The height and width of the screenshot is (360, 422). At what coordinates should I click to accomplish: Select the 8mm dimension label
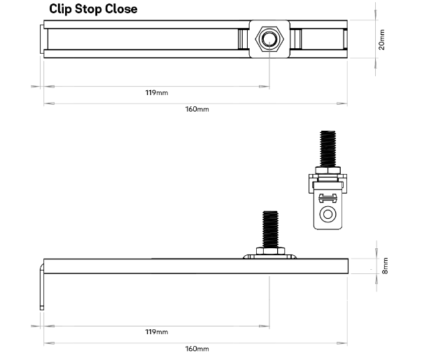click(x=384, y=266)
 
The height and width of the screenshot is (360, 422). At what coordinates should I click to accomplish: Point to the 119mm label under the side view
click(x=156, y=331)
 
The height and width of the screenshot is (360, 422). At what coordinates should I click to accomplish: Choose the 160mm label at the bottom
click(x=197, y=348)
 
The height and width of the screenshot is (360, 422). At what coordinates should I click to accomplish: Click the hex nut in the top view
click(x=269, y=40)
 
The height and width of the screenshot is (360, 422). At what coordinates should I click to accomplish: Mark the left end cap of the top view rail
click(x=45, y=40)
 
